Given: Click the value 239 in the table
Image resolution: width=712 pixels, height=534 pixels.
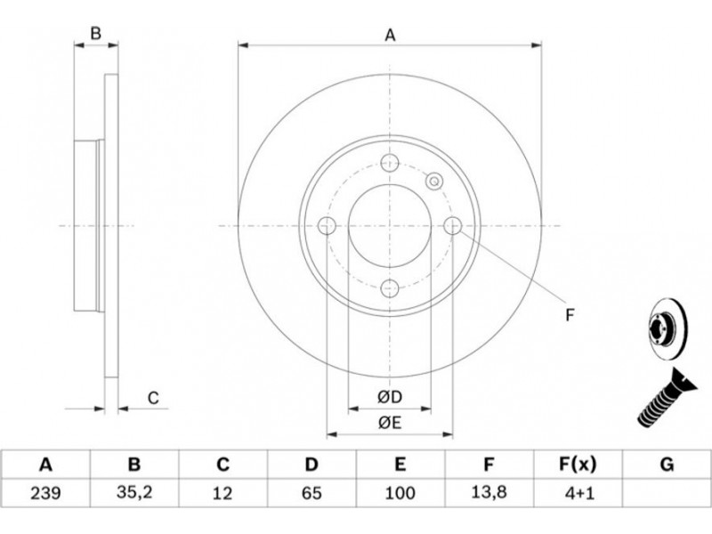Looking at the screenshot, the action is [x=45, y=493].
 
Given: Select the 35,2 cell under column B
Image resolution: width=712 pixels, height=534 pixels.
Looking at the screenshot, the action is [x=134, y=493].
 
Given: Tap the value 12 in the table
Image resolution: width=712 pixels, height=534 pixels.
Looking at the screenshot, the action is [x=222, y=493].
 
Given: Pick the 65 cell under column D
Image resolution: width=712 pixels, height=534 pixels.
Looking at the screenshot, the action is [x=311, y=493].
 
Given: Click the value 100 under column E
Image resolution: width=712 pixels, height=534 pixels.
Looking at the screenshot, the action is [x=400, y=493].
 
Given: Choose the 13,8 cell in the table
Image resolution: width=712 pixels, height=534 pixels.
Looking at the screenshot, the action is [x=489, y=493].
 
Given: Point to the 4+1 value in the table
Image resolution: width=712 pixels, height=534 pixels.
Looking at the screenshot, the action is [x=578, y=493].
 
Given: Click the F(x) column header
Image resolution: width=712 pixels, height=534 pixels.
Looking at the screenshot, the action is [x=578, y=465].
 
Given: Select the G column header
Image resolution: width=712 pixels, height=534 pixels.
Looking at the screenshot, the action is [x=667, y=465].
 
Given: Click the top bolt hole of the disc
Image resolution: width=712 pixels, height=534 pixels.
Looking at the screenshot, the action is [x=390, y=163].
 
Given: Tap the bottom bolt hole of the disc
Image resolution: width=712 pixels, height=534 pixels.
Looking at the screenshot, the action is [x=390, y=288].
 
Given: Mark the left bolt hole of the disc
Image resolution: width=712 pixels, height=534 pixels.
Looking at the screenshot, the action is [x=327, y=226].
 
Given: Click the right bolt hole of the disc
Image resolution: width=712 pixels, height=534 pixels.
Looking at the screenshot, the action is [x=453, y=226].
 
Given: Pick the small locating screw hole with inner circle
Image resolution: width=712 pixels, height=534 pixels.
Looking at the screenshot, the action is [x=434, y=182].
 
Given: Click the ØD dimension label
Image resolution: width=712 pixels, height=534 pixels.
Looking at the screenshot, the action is [x=390, y=397].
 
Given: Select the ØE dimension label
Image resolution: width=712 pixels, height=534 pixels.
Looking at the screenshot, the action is [x=390, y=424].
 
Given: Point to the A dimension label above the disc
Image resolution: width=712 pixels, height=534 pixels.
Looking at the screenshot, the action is [x=390, y=35].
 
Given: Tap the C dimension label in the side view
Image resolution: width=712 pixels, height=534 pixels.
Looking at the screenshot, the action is [x=153, y=398].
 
